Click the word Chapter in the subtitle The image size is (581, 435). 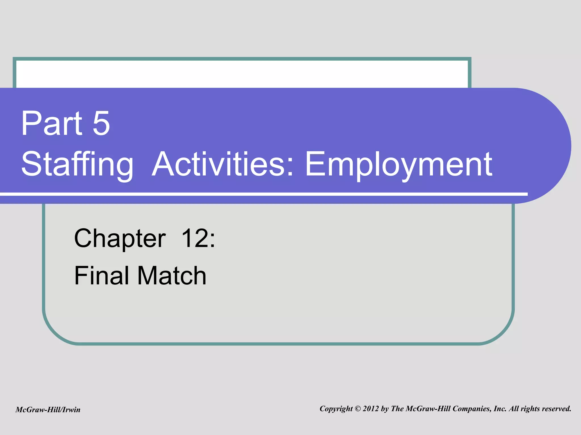[120, 238]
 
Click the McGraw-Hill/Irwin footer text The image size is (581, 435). [48, 410]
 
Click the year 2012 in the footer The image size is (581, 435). [371, 409]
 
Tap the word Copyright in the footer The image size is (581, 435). [336, 409]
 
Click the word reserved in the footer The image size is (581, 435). [556, 409]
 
